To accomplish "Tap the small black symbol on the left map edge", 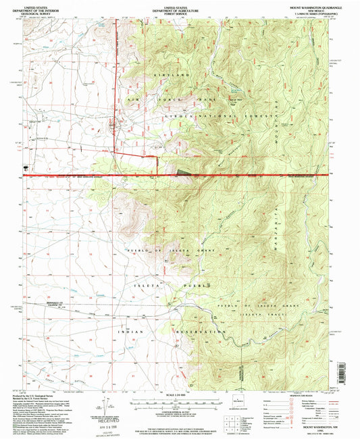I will click(x=26, y=165).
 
